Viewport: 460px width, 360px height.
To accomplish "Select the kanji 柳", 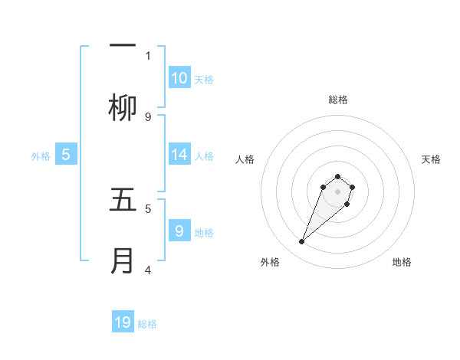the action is [x=123, y=109].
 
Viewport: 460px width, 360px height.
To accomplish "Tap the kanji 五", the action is [x=123, y=200].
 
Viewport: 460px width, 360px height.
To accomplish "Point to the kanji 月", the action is [x=123, y=260].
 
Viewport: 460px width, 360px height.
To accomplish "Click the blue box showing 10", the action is [x=179, y=78].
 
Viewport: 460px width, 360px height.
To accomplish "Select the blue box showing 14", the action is [x=179, y=155].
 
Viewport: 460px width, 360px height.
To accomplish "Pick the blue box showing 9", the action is [x=179, y=231].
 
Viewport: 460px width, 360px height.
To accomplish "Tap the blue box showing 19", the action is [x=123, y=322].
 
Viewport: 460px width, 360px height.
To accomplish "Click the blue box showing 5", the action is [x=66, y=155].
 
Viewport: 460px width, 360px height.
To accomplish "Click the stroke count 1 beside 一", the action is [x=148, y=55].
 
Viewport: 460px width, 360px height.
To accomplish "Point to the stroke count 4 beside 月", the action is [x=148, y=269].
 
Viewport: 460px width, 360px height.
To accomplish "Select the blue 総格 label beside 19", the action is [x=147, y=324].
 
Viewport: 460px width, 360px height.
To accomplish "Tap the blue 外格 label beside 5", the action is [x=41, y=156].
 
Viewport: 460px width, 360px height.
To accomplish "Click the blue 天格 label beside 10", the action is [x=204, y=80].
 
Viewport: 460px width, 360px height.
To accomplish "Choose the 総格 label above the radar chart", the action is [x=337, y=100].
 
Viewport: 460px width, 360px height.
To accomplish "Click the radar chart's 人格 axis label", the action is [x=245, y=159].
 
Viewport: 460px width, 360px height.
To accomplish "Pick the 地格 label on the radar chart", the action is [x=402, y=262].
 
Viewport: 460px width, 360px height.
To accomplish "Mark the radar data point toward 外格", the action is [x=302, y=242].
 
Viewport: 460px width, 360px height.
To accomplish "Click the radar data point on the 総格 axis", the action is [x=337, y=177].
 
